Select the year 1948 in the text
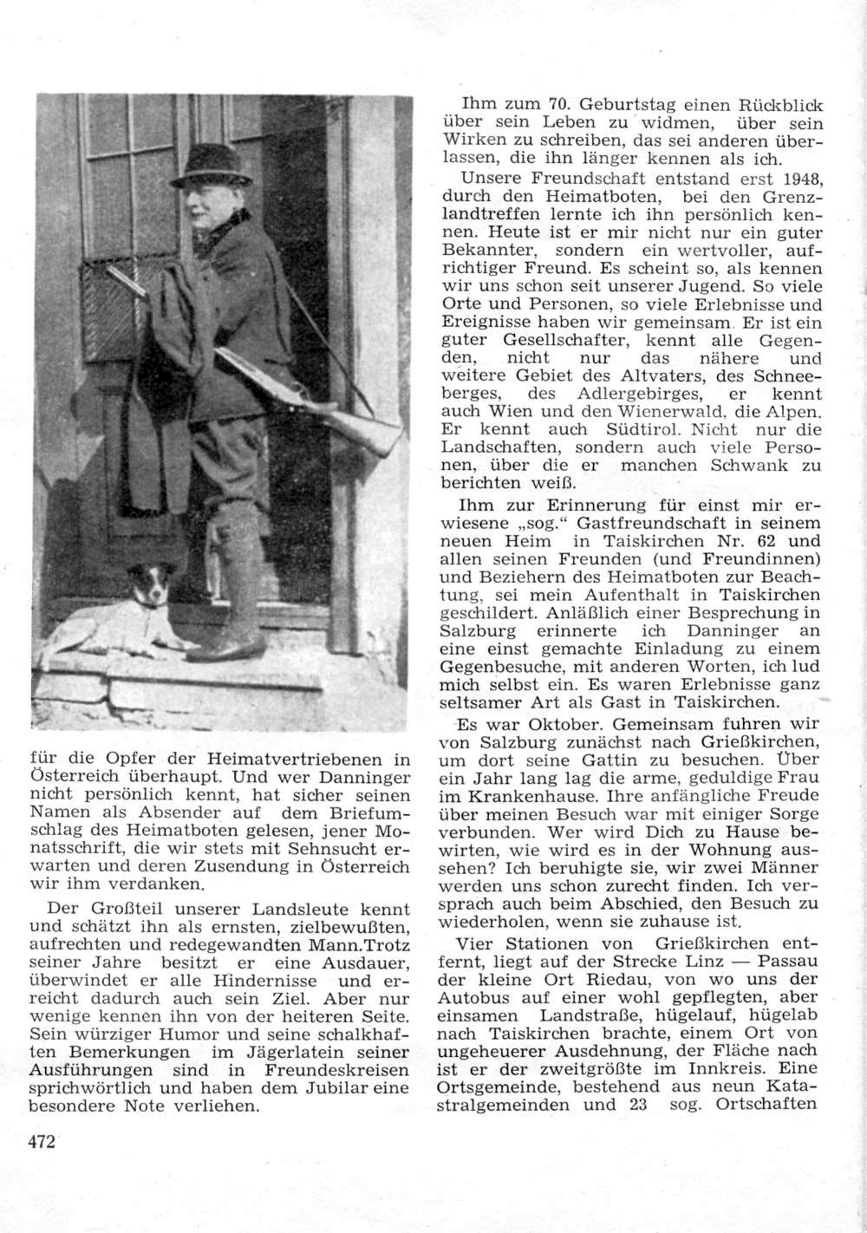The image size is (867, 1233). [x=802, y=179]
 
